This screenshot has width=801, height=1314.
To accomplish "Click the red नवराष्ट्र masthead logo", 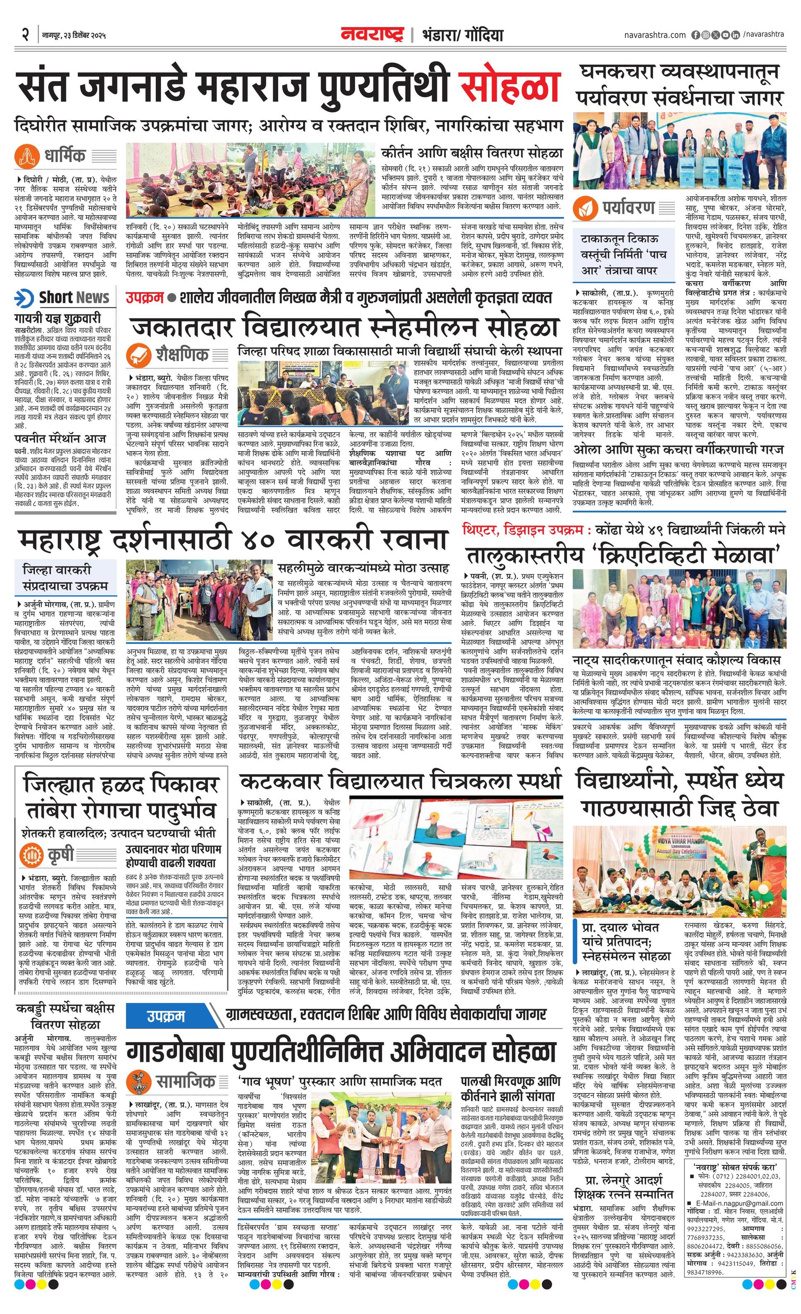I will [x=372, y=35].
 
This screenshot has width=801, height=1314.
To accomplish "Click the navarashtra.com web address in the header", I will [x=655, y=35].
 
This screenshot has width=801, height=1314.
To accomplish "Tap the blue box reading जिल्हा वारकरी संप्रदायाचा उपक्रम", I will [x=65, y=577].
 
